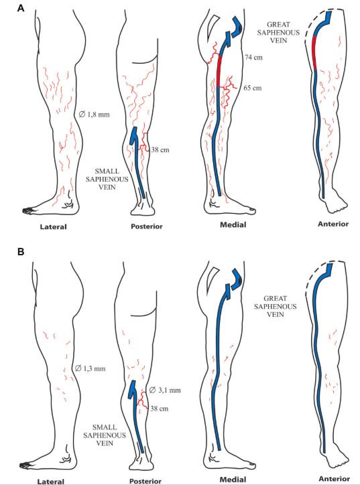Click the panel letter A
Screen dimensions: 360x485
click(21, 8)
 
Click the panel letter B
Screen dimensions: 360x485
click(21, 252)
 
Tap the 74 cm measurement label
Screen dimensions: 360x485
click(253, 57)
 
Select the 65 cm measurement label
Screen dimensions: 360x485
click(253, 88)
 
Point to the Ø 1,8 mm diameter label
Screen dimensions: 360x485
click(94, 115)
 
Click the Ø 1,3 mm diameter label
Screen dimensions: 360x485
click(90, 368)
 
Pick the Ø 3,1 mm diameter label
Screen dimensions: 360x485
click(165, 390)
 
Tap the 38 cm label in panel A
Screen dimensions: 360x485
click(160, 150)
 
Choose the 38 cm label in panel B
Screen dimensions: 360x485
click(160, 409)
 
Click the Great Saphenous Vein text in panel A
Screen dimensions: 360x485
click(278, 32)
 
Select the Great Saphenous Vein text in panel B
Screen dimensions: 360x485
click(275, 306)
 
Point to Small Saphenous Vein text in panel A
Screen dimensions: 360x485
click(107, 179)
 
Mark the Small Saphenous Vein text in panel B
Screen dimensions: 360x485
click(105, 435)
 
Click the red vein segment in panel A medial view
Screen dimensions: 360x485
click(219, 71)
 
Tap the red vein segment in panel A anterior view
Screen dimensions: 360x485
click(314, 53)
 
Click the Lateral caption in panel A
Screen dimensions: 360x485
click(53, 226)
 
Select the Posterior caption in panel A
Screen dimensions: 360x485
click(146, 226)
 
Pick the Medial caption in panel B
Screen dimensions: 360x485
click(233, 480)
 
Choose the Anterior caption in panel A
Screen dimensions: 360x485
click(333, 224)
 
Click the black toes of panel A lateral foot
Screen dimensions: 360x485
click(28, 210)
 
